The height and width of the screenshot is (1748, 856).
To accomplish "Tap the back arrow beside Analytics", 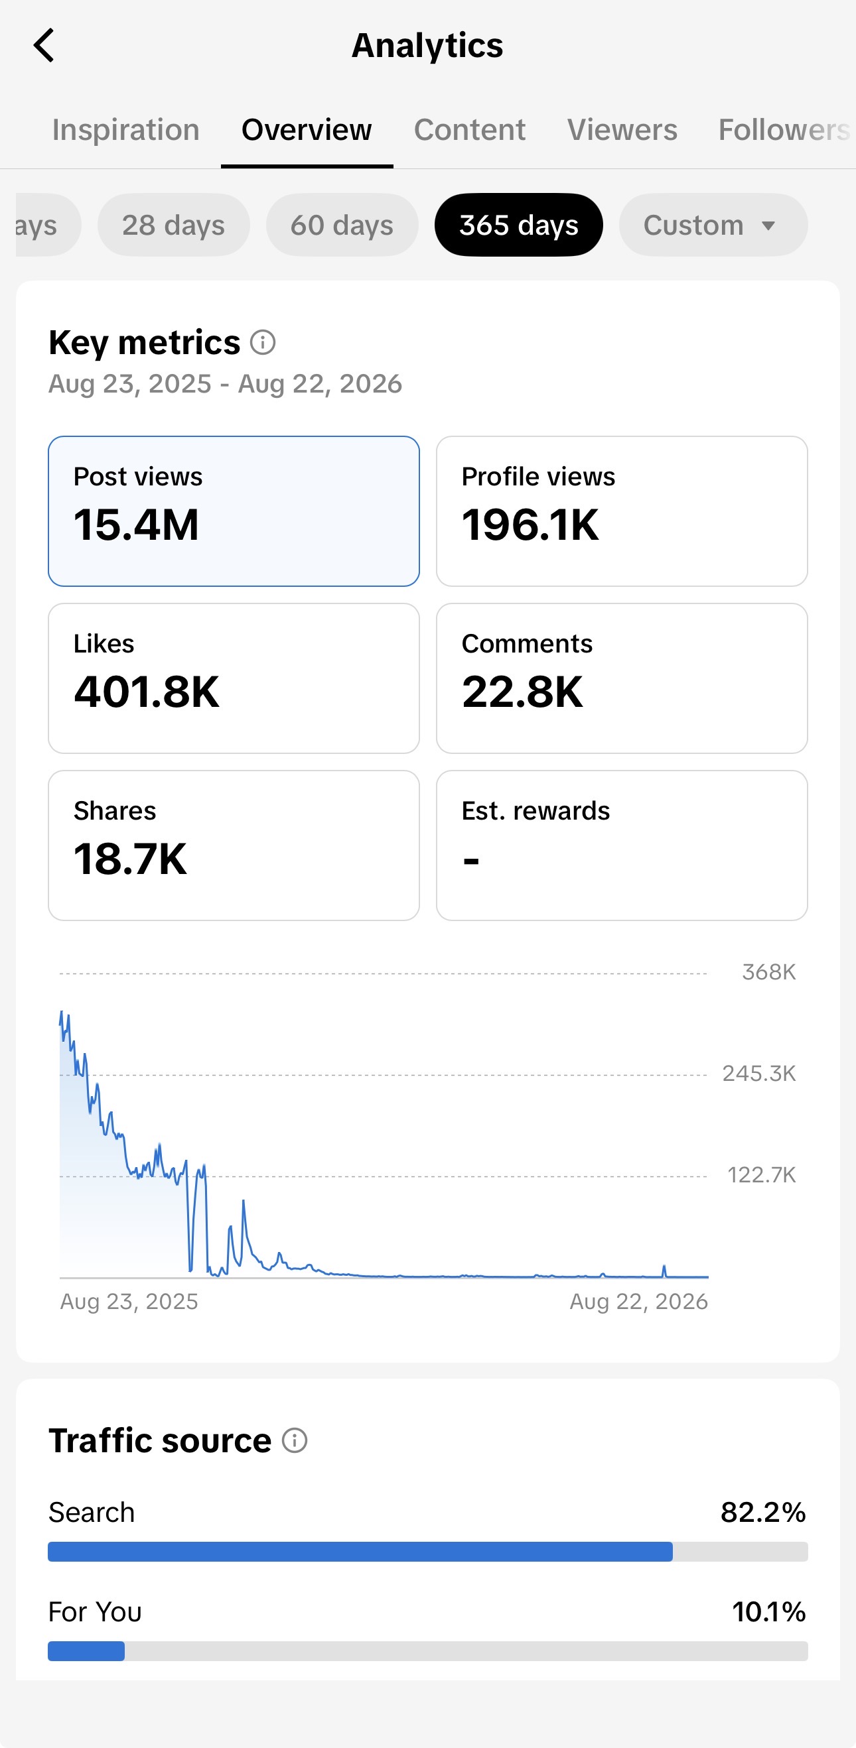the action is pos(43,46).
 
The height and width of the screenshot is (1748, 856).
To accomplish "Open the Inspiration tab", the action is pos(125,129).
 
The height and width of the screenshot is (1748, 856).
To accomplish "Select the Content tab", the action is pos(470,129).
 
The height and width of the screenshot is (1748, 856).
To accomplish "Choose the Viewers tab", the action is pos(622,129).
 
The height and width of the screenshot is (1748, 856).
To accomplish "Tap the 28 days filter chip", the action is pos(174,225).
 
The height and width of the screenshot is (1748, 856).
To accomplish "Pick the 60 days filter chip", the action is pos(342,225).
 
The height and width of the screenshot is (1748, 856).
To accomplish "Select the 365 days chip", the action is pos(519,225).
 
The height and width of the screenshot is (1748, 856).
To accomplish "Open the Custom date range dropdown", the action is pos(713,225).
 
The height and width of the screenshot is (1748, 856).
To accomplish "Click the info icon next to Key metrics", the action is pos(263,343).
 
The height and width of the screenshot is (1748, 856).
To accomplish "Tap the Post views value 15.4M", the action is pos(137,525).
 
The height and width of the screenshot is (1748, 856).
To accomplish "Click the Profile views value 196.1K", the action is pos(531,525).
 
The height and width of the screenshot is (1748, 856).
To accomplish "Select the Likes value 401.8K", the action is pos(147,692).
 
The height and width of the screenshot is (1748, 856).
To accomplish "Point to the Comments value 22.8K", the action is pos(523,692).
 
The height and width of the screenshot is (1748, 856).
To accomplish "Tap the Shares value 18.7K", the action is pos(130,859).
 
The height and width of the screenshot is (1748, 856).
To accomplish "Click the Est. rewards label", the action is pos(535,811).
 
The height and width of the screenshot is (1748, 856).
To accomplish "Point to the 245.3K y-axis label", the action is pos(759,1074).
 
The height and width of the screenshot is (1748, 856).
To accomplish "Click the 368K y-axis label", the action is pos(769,972).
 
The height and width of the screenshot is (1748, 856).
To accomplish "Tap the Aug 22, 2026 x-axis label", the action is pos(639,1302).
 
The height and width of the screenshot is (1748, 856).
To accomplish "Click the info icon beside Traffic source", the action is pos(295,1440).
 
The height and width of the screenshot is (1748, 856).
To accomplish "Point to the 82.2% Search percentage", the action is pos(763,1513).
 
